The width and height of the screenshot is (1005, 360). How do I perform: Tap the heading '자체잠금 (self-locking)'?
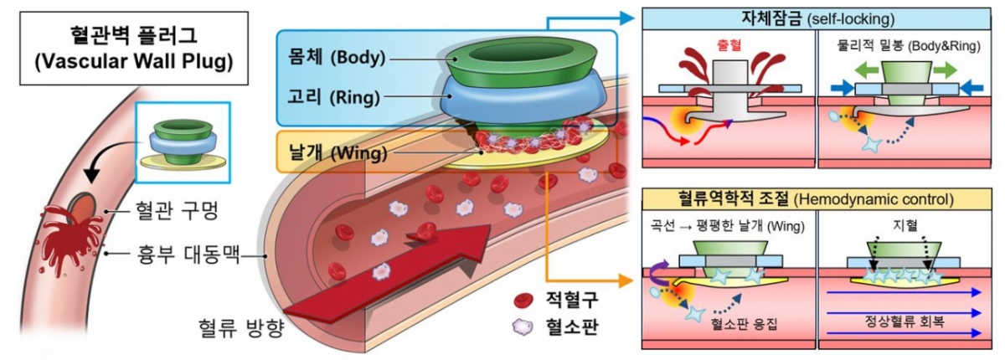click(816, 18)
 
